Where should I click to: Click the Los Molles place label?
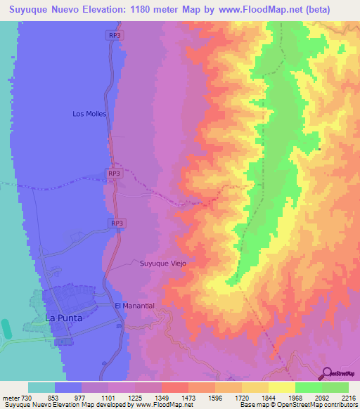click(89, 113)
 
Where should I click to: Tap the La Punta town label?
click(64, 318)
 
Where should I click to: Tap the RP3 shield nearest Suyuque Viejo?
click(117, 223)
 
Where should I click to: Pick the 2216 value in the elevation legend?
click(348, 398)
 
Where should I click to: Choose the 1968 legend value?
click(295, 398)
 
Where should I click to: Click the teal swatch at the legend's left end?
click(41, 387)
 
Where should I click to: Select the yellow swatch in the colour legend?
click(282, 387)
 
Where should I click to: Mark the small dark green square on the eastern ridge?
click(319, 149)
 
